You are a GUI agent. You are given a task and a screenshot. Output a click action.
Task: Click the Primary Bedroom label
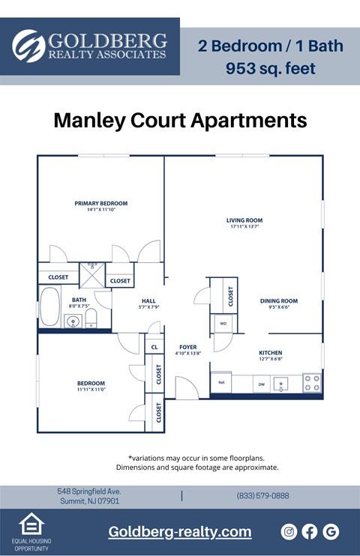coord(100,203)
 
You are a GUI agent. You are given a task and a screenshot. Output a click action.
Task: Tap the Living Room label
coord(244,220)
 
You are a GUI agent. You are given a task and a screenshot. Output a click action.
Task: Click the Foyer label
coord(187,348)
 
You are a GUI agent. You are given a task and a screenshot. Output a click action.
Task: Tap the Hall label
coord(148,301)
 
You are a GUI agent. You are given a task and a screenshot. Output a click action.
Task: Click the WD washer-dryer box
coord(223,324)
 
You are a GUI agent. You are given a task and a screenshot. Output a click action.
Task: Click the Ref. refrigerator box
coord(222,383)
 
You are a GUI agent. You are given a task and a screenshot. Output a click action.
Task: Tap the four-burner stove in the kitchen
coord(312,384)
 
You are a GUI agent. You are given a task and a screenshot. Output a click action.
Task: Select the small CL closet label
coord(154,347)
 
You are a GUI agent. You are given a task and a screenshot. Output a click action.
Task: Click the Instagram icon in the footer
coord(289,531)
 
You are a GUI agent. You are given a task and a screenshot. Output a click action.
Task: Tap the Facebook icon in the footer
coord(310,531)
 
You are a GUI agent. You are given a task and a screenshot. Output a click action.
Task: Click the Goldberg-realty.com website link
coord(180,531)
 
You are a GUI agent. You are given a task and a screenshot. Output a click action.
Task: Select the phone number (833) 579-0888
coord(262,495)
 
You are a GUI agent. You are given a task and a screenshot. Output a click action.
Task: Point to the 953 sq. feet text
coord(271,69)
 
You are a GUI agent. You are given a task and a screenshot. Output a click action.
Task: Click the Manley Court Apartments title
coord(180,120)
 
